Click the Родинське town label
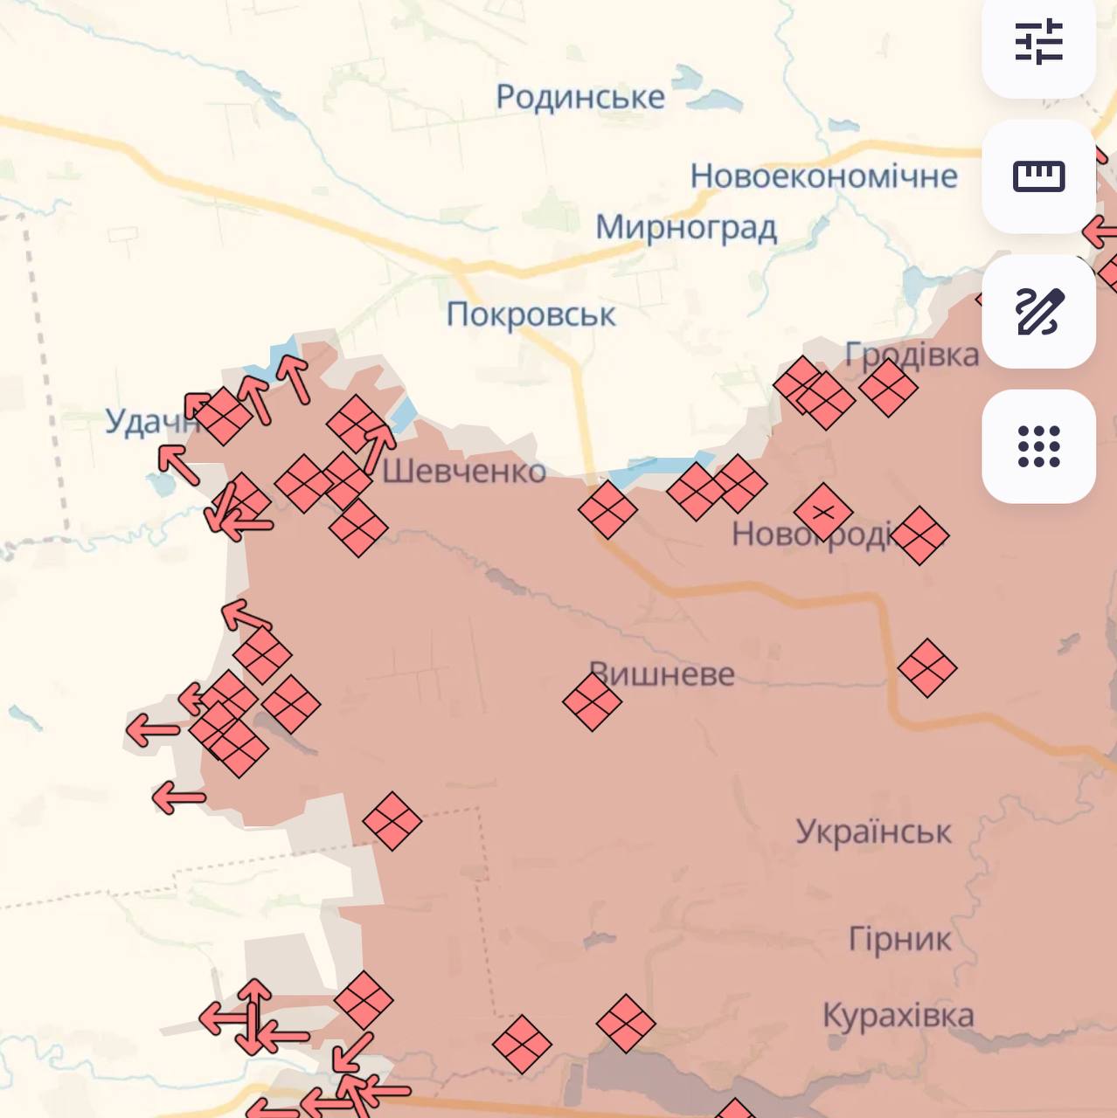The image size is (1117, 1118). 580,97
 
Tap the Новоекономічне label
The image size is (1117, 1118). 823,176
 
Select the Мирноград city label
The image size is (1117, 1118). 686,228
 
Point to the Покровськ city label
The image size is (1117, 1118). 531,314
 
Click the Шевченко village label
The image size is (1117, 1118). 464,472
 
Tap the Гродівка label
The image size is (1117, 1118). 912,355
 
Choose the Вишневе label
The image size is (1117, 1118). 663,674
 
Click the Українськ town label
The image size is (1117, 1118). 873,832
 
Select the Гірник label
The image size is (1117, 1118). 899,939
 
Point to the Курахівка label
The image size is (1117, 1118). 898,1016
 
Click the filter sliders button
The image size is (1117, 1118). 1038,41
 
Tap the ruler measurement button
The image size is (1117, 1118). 1038,176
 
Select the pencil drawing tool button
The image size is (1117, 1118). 1038,311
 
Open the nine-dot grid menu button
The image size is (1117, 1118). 1038,446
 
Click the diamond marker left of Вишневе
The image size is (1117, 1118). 592,701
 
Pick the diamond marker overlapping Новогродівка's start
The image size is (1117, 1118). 822,512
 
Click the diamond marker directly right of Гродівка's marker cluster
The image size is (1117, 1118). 888,387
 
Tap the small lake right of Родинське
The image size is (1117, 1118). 715,100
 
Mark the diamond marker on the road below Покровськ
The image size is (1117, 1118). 607,509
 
